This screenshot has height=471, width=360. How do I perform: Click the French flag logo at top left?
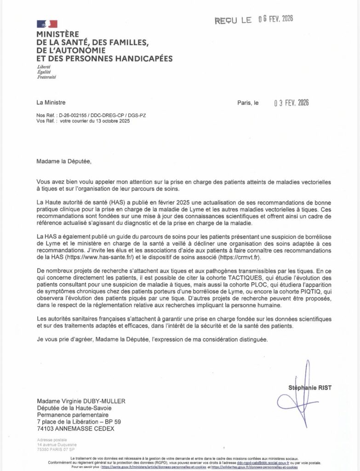pos(46,24)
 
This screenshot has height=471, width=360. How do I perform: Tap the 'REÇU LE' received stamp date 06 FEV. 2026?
pos(275,19)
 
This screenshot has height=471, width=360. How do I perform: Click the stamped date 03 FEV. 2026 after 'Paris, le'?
pos(291,103)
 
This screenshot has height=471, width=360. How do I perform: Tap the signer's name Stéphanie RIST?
pos(309,388)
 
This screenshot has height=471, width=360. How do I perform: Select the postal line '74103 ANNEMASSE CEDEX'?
pos(76,428)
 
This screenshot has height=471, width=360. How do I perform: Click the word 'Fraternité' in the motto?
pos(46,77)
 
